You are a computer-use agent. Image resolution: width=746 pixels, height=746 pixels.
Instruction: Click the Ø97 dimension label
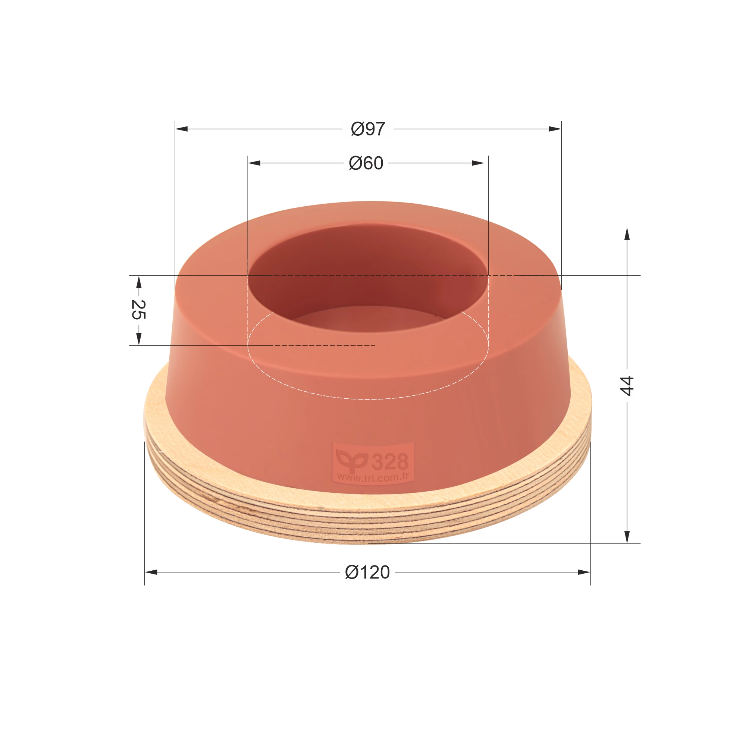tap(368, 129)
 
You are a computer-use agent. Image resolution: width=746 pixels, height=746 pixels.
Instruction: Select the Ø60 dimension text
tap(366, 163)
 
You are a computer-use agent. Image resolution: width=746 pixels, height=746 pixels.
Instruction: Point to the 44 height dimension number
tap(626, 385)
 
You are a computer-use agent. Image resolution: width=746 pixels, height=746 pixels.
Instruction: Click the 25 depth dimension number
tap(138, 309)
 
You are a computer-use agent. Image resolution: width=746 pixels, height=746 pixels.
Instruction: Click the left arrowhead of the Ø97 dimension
tap(182, 129)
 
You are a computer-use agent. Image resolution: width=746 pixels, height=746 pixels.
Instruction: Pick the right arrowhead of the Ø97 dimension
tap(555, 129)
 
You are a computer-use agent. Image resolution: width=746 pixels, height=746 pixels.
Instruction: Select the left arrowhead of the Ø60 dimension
tap(254, 163)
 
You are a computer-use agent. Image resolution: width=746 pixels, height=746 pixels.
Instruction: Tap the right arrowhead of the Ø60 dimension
tap(478, 163)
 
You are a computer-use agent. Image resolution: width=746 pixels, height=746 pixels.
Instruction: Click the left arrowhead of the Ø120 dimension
tap(151, 572)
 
